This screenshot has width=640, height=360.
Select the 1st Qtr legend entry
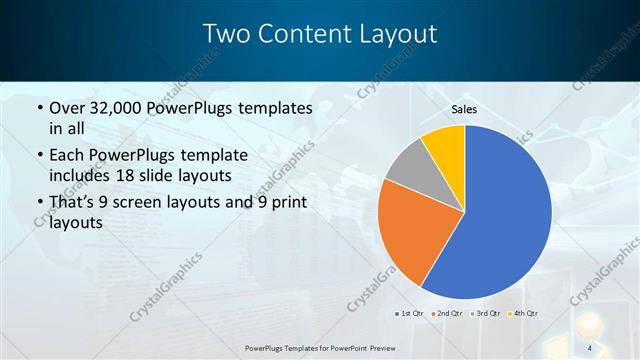[411, 314]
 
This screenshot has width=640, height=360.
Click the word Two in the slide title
[227, 34]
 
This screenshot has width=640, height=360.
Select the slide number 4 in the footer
[590, 347]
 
